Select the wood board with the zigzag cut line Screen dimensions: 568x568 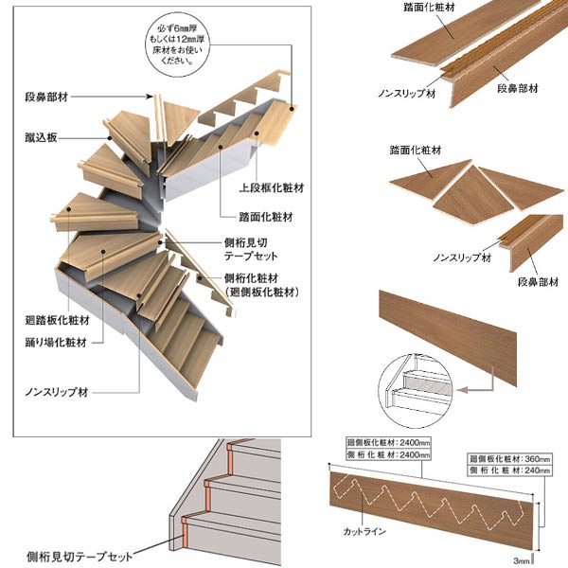(x=431, y=502)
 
